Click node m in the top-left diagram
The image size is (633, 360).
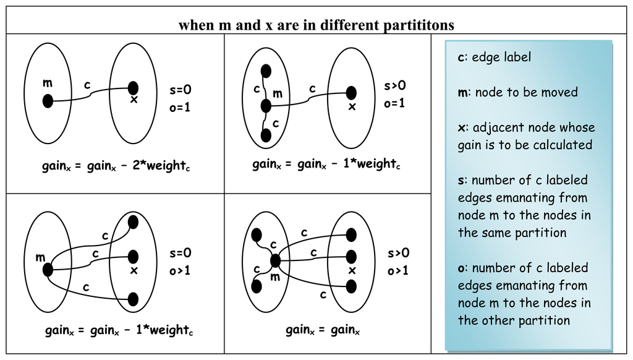click(48, 100)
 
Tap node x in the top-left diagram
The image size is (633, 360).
click(133, 88)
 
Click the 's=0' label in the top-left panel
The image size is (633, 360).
click(181, 90)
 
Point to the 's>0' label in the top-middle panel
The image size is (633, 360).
click(395, 86)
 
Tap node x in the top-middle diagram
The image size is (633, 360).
click(351, 93)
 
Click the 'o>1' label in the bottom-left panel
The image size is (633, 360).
click(181, 271)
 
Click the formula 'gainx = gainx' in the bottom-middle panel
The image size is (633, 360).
click(323, 331)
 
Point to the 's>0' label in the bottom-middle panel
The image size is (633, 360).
click(399, 253)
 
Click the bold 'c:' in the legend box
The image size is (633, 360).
click(462, 58)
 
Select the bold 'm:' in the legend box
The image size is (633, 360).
click(463, 93)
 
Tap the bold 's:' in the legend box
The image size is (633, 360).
click(461, 181)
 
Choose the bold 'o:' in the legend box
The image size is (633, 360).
click(462, 268)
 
